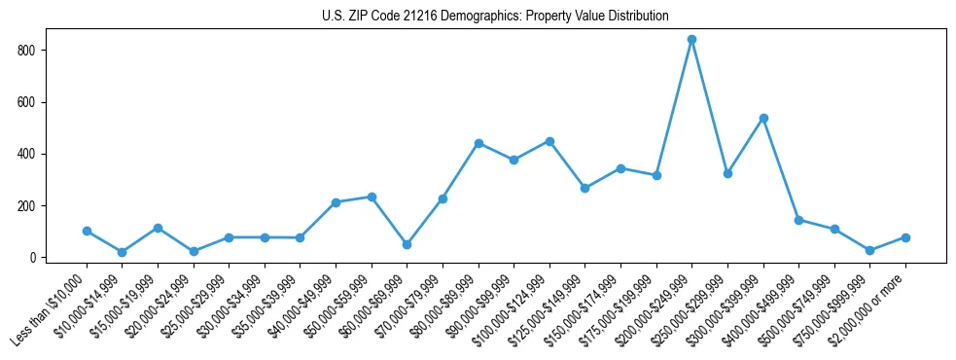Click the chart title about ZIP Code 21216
[495, 16]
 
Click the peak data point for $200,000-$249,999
[691, 40]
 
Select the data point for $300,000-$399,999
[763, 118]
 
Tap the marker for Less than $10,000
[87, 232]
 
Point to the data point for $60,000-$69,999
[407, 245]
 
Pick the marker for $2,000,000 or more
[905, 237]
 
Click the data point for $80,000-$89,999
[478, 143]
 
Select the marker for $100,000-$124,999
[549, 141]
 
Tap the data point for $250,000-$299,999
[727, 173]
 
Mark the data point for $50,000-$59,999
[372, 197]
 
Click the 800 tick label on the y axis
[32, 50]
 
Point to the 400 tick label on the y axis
[32, 154]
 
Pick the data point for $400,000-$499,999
[798, 220]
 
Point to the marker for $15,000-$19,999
[158, 228]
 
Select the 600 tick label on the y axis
[32, 102]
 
